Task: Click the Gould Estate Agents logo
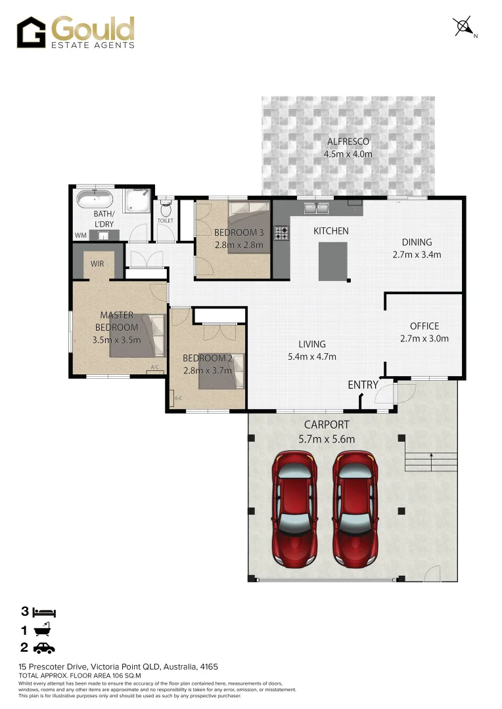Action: [x=76, y=32]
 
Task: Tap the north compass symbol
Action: [x=464, y=27]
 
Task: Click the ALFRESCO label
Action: [x=348, y=142]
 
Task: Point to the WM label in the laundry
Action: [x=81, y=235]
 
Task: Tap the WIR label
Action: [x=97, y=264]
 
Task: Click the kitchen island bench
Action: [x=333, y=261]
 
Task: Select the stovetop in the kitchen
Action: [x=283, y=232]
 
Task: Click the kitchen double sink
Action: [x=316, y=208]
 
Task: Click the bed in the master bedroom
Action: [x=138, y=335]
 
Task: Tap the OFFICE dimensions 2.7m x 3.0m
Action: [x=424, y=339]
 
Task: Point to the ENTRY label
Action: [x=363, y=385]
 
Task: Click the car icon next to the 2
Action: [x=44, y=649]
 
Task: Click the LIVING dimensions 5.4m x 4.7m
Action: [x=312, y=357]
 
